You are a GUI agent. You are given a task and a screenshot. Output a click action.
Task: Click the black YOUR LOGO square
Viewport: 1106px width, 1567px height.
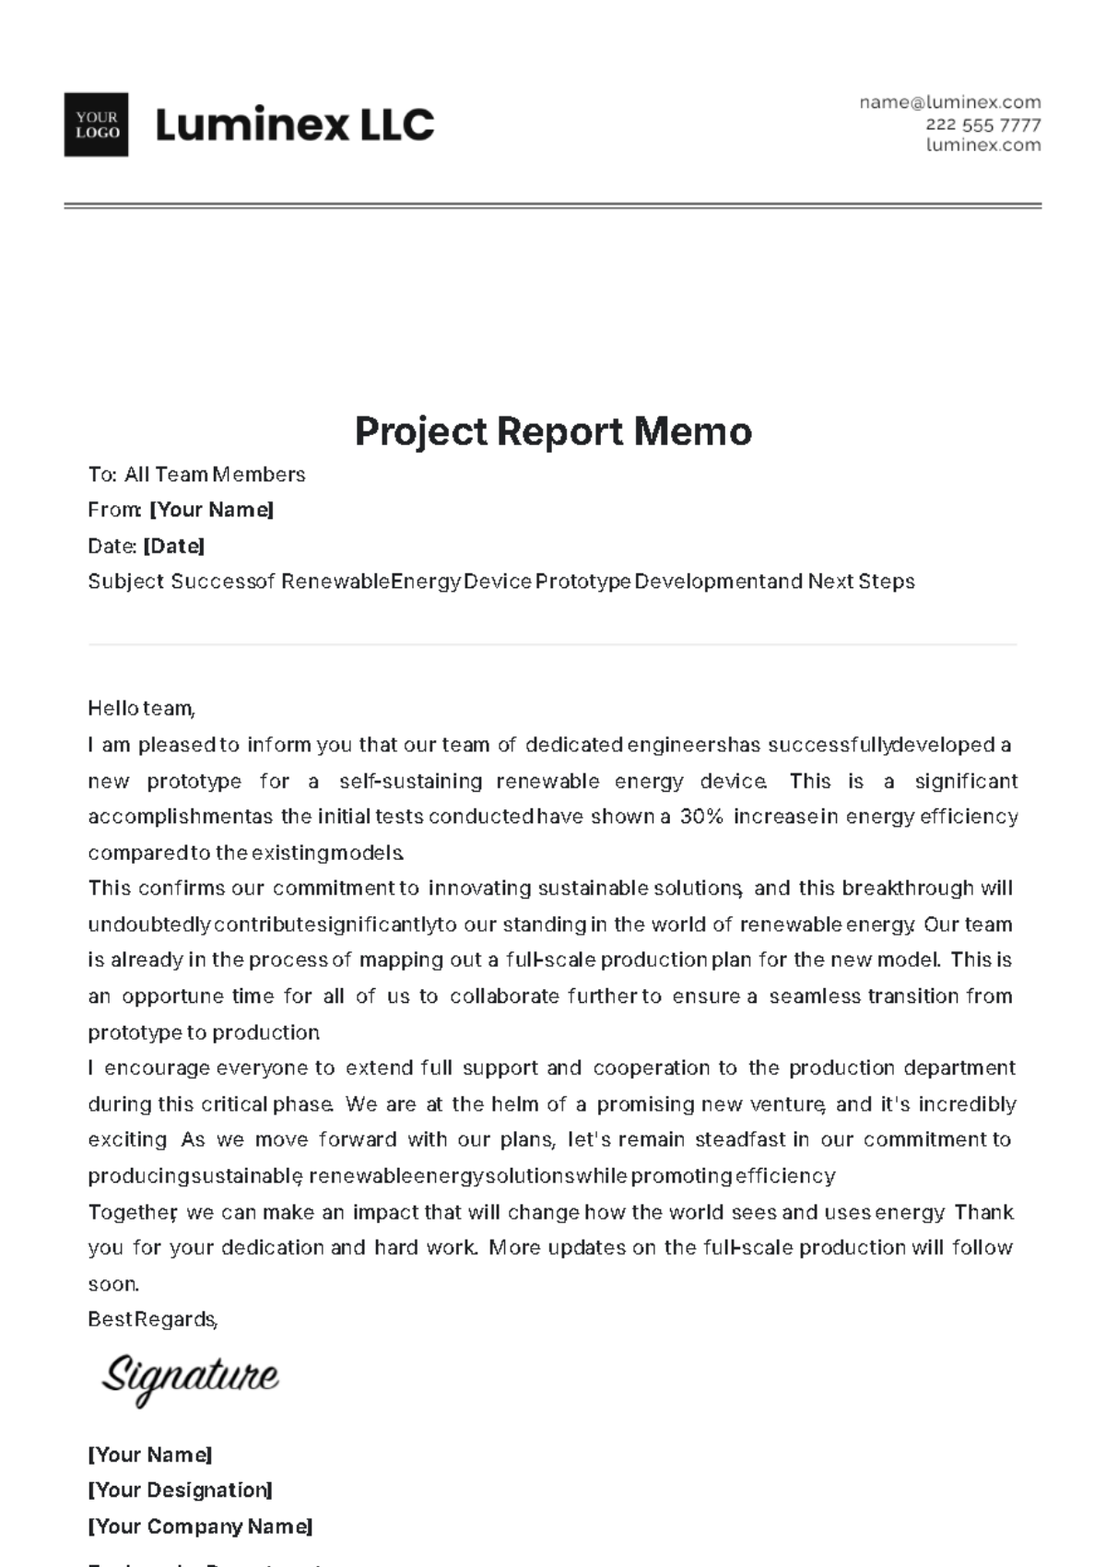(x=96, y=124)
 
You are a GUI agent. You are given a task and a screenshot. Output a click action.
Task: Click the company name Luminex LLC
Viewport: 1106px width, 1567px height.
(x=294, y=124)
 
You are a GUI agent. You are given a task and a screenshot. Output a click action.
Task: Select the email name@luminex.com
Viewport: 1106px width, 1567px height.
(x=949, y=102)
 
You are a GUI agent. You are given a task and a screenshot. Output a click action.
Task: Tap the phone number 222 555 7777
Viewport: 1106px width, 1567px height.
(x=982, y=124)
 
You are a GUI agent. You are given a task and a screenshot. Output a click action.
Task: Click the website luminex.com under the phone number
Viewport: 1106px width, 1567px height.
(x=982, y=145)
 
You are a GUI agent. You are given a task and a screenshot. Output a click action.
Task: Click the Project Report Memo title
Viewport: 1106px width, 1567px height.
(x=553, y=431)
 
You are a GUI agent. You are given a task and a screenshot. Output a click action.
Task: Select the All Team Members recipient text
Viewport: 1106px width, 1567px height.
(x=215, y=475)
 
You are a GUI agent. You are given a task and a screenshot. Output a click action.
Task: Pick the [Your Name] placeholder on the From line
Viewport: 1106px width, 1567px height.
(x=211, y=510)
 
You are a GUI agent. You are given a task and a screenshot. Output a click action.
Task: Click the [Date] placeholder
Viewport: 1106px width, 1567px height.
(x=173, y=546)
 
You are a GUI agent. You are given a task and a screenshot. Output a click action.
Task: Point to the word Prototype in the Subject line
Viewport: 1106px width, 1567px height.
(x=582, y=582)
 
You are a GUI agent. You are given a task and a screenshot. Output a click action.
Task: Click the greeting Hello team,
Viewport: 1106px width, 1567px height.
(x=141, y=709)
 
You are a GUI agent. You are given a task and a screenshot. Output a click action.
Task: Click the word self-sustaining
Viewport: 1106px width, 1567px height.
(x=410, y=782)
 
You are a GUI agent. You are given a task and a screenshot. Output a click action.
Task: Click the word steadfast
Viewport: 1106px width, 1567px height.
(x=741, y=1140)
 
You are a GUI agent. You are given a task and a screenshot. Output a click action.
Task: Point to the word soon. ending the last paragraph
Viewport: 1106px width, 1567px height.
(x=112, y=1284)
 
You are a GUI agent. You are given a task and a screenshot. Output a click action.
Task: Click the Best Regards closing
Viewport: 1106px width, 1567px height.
(x=152, y=1320)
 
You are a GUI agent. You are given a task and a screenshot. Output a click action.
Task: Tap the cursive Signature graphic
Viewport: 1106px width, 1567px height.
(x=189, y=1377)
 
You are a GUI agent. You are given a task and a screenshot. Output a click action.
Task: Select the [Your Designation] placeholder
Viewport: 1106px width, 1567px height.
(x=180, y=1490)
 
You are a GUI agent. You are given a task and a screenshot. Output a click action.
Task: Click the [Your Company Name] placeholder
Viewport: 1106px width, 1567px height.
(x=200, y=1526)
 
